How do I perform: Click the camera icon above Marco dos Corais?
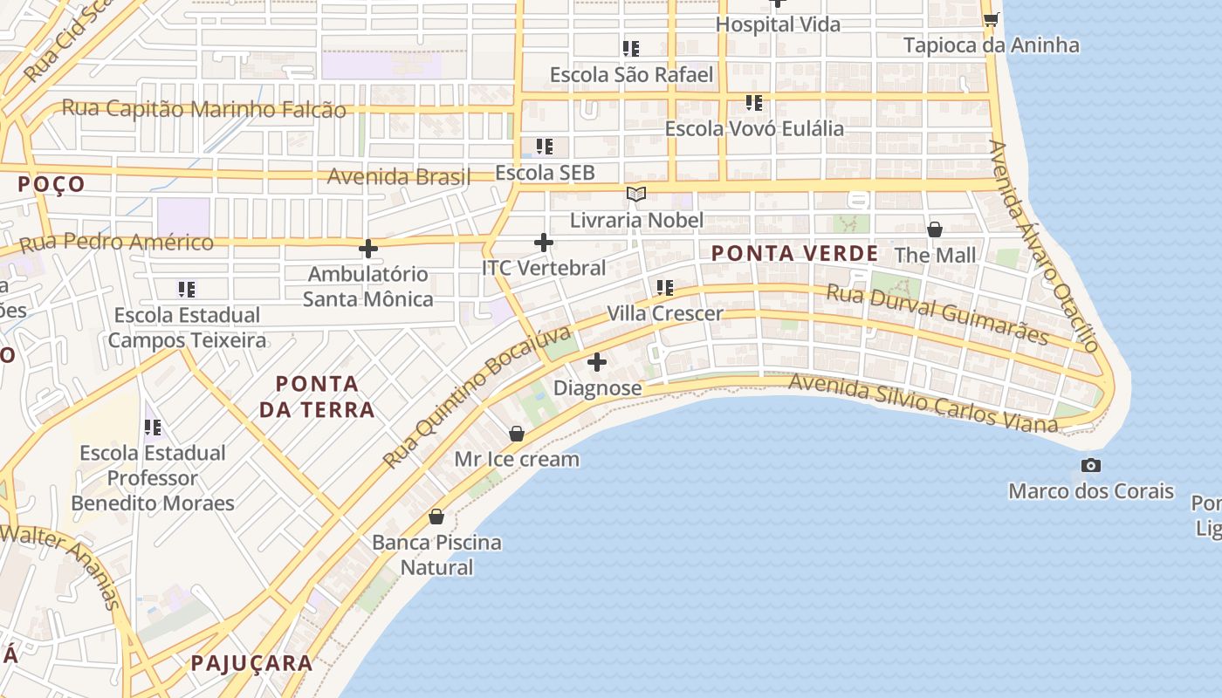point(1090,466)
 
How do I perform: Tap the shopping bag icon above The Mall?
point(935,229)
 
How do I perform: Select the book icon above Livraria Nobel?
point(636,194)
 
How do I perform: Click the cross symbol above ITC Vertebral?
point(544,243)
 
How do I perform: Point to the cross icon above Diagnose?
point(597,362)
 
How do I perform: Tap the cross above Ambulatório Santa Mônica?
point(368,249)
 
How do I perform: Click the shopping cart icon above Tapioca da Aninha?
point(991,19)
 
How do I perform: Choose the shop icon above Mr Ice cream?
point(517,434)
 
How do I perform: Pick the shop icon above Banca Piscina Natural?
point(436,517)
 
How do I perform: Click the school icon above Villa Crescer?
point(665,287)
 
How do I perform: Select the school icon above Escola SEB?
point(545,147)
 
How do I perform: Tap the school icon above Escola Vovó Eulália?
point(754,103)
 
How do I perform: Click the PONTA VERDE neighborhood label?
point(794,254)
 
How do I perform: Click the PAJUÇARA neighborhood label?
point(251,663)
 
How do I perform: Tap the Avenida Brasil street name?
point(398,176)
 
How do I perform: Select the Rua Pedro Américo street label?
point(116,243)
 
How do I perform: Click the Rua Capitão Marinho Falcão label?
point(204,110)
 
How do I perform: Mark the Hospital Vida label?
point(778,24)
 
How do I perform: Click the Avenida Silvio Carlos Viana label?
point(923,403)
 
